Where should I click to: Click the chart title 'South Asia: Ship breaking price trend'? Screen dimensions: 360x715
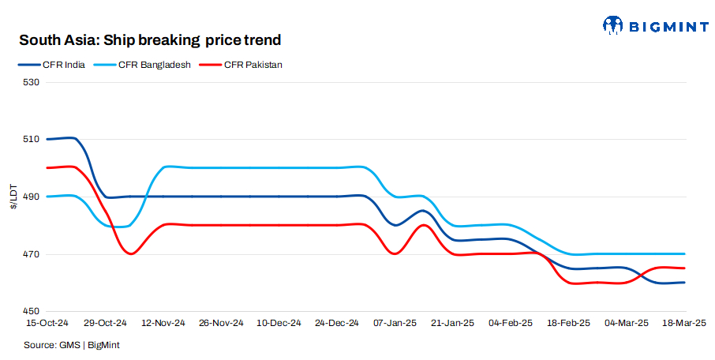150,39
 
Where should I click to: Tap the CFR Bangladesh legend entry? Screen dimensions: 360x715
154,65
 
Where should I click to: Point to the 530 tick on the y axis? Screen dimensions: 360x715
31,81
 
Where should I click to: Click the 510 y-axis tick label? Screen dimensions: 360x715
31,139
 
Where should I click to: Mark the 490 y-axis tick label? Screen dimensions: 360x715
31,197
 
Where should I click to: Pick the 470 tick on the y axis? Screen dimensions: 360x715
31,254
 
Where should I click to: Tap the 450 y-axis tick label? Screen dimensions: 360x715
31,311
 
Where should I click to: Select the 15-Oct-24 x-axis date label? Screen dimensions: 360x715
47,324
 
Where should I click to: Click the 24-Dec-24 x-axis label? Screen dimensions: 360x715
337,324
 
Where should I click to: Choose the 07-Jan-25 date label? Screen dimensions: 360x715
395,324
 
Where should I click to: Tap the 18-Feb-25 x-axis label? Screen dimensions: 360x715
569,324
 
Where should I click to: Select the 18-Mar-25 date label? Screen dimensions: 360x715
683,324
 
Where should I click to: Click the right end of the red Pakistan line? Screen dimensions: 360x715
683,268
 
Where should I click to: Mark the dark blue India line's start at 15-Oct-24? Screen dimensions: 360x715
48,139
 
